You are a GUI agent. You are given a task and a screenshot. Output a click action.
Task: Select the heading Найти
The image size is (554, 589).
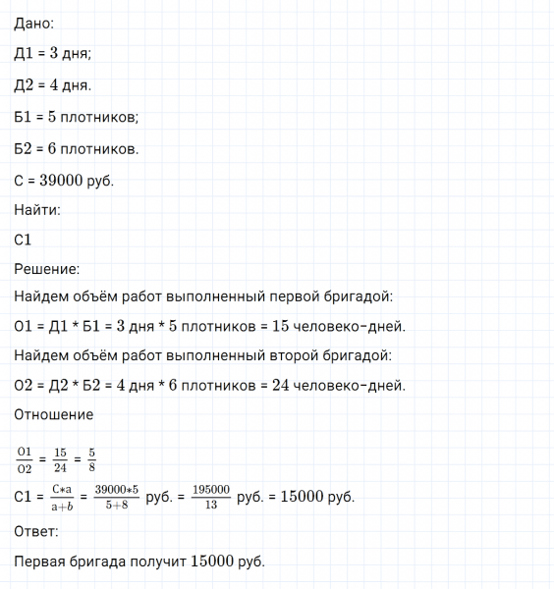37,209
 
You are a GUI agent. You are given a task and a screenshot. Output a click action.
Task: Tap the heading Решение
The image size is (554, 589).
47,268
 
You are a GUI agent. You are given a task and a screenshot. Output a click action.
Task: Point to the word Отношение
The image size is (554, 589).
54,414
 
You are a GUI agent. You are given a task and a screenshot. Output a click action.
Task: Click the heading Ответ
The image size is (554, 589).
36,531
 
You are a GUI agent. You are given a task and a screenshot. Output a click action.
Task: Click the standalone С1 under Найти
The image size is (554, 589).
26,239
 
